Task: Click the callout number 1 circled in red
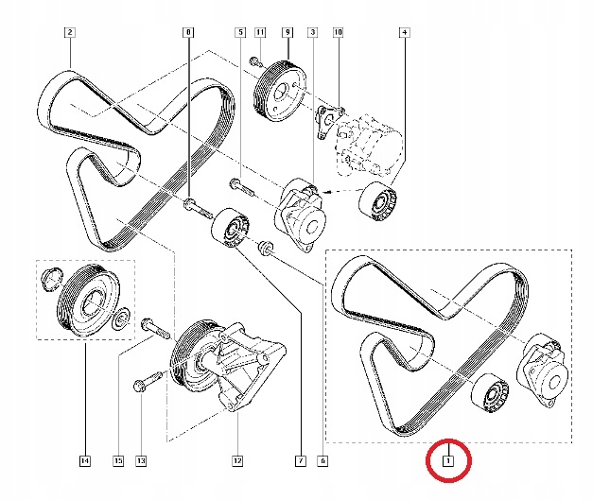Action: point(450,462)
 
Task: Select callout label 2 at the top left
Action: point(69,32)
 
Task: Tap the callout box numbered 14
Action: point(84,461)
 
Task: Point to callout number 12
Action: point(237,461)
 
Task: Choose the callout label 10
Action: point(338,32)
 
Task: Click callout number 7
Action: point(300,461)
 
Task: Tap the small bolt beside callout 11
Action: point(254,62)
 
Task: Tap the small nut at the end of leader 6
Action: point(266,250)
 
